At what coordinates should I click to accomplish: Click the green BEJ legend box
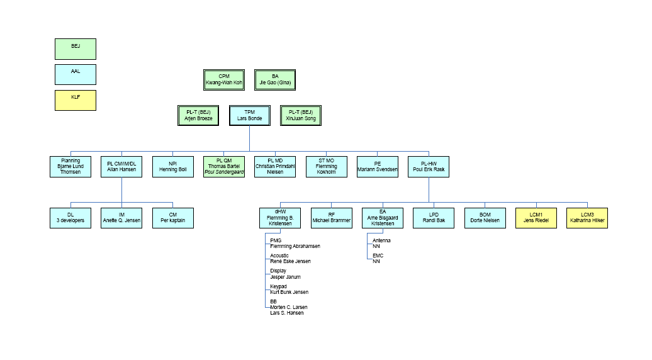click(76, 48)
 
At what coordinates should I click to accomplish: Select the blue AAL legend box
click(76, 74)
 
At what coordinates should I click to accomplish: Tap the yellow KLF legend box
click(76, 100)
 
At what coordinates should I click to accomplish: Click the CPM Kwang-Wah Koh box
click(224, 79)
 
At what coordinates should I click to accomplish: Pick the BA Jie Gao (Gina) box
click(275, 79)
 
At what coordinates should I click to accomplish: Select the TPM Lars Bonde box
click(249, 115)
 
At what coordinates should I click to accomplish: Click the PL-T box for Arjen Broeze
click(199, 115)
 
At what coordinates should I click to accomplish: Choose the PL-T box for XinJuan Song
click(301, 115)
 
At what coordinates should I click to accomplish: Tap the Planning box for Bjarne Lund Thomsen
click(70, 167)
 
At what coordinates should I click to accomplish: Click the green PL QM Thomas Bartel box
click(224, 167)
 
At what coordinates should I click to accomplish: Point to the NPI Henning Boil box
click(173, 167)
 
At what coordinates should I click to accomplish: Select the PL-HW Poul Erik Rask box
click(429, 167)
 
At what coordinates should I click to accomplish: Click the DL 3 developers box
click(70, 218)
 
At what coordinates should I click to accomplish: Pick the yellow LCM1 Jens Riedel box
click(536, 218)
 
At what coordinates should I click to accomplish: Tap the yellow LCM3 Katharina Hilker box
click(587, 218)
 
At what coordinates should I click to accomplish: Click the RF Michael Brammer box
click(332, 218)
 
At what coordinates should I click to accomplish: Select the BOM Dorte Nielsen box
click(485, 218)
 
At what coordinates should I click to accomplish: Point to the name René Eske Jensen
click(290, 261)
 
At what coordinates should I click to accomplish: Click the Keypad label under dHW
click(278, 286)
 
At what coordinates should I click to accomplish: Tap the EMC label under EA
click(378, 256)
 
